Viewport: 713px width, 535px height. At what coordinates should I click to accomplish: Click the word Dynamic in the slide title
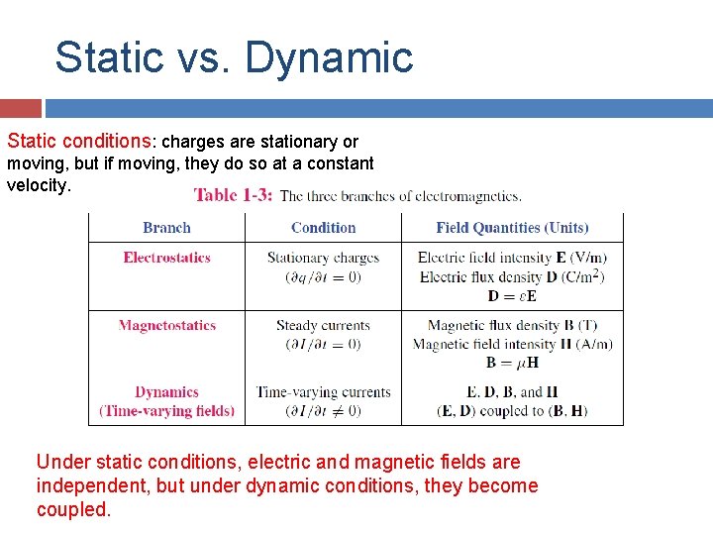tap(329, 57)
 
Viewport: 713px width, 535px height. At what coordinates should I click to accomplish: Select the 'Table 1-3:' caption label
tap(233, 195)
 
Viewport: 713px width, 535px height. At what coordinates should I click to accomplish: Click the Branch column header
tap(166, 228)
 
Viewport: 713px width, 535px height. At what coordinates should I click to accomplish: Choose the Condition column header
tap(323, 228)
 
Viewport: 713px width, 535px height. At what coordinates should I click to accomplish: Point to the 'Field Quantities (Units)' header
tap(512, 228)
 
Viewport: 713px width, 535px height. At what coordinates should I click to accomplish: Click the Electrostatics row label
tap(166, 258)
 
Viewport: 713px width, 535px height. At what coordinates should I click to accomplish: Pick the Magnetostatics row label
tap(166, 325)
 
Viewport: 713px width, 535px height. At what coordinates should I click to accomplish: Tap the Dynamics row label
tap(166, 392)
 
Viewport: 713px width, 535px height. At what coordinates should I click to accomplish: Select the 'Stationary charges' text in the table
tap(323, 258)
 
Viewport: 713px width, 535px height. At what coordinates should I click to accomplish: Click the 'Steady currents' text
tap(323, 325)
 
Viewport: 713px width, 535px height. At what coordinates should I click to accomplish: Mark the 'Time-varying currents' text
tap(323, 392)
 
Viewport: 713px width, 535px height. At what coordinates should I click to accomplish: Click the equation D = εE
tap(512, 296)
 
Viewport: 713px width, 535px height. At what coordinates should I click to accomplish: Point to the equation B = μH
tap(512, 363)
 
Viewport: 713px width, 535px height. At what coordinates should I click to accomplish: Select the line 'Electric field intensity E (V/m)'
tap(512, 258)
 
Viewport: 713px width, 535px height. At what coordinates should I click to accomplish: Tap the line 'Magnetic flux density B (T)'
tap(512, 325)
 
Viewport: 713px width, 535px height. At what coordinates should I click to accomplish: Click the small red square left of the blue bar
tap(21, 108)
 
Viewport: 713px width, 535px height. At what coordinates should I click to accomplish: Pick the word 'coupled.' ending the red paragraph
tap(74, 509)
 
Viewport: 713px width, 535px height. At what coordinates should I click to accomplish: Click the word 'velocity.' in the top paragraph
tap(40, 185)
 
